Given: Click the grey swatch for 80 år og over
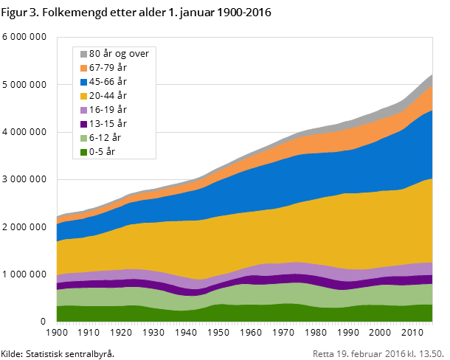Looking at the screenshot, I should pyautogui.click(x=83, y=54).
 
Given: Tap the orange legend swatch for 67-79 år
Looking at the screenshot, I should pyautogui.click(x=83, y=68).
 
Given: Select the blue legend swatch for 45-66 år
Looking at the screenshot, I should pyautogui.click(x=83, y=82).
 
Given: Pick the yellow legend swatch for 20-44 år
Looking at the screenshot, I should pyautogui.click(x=83, y=96).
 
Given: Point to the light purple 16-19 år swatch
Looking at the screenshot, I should pyautogui.click(x=83, y=110).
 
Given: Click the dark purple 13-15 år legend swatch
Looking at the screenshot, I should pyautogui.click(x=83, y=124).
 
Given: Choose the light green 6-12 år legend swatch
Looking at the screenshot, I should pyautogui.click(x=83, y=138).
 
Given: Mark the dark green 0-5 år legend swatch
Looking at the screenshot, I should pyautogui.click(x=83, y=152).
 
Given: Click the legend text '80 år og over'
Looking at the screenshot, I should pyautogui.click(x=119, y=54).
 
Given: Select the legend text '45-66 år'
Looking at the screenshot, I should pyautogui.click(x=108, y=82).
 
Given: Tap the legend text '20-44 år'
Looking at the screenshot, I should pyautogui.click(x=108, y=96).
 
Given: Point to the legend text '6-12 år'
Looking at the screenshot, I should pyautogui.click(x=105, y=138).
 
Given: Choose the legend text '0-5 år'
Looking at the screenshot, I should pyautogui.click(x=102, y=152).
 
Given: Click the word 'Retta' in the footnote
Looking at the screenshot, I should pyautogui.click(x=323, y=352).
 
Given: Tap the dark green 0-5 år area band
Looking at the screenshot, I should pyautogui.click(x=221, y=314).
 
